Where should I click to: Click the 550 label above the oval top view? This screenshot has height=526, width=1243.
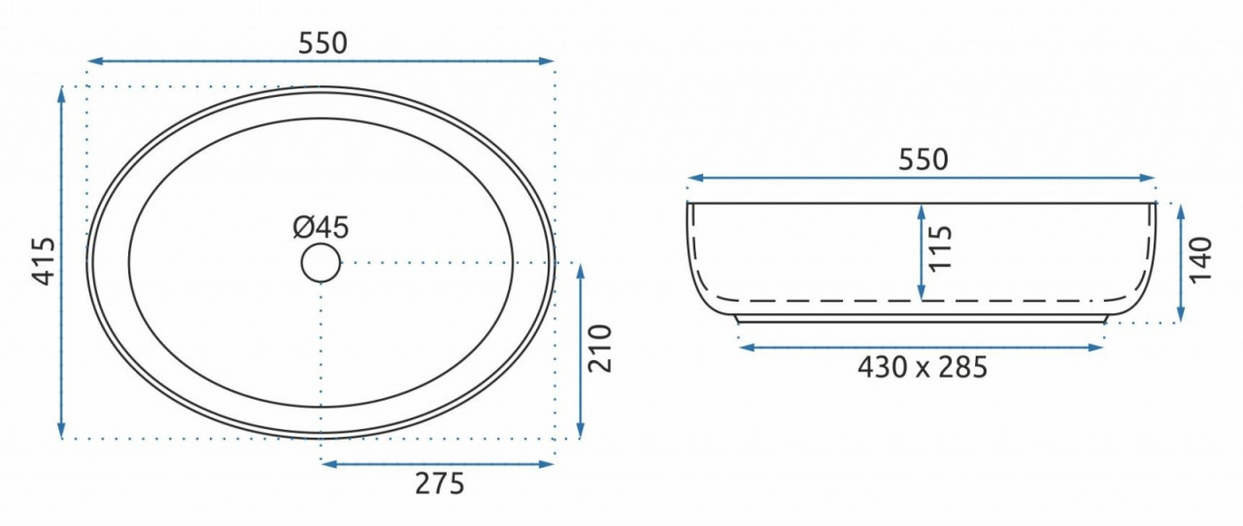click(323, 44)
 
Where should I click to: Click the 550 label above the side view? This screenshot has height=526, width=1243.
click(924, 160)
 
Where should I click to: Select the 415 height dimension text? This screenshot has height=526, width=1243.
click(45, 261)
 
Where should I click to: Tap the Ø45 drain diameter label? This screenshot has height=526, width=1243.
click(320, 227)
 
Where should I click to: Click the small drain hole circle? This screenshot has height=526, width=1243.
click(320, 263)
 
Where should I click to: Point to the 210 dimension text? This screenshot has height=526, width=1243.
click(600, 348)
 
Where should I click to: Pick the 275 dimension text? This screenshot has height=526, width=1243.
click(440, 484)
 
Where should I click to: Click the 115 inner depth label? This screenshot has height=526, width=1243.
click(940, 248)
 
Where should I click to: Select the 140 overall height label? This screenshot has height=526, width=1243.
click(1201, 259)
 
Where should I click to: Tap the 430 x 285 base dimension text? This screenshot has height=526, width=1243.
click(923, 367)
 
